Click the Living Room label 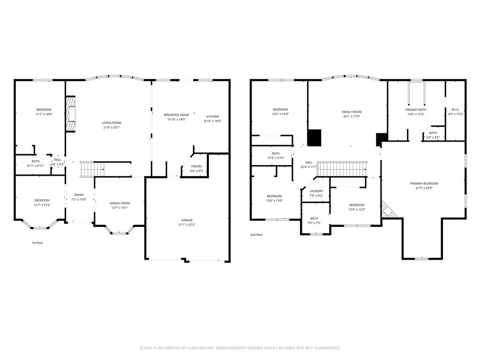pos(112,123)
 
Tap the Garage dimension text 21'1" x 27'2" pos(187,225)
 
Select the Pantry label pos(196,166)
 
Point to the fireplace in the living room pos(70,114)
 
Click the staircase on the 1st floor pos(92,169)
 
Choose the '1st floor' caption pos(37,243)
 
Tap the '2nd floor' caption pos(256,235)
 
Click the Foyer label pos(79,195)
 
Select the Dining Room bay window pos(119,231)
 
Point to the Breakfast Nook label pos(176,115)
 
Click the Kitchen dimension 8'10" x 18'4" pos(213,121)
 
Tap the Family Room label pos(352,112)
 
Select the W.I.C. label pos(456,109)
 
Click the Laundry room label pos(316,191)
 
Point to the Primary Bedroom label pos(424,184)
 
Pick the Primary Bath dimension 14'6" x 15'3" pos(416,114)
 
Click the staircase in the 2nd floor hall pos(342,169)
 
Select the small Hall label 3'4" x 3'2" pos(58,165)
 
